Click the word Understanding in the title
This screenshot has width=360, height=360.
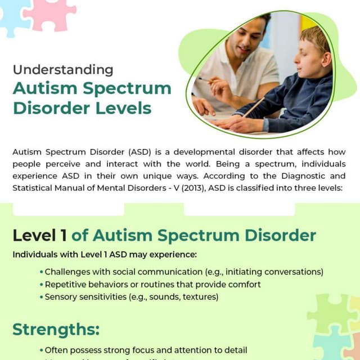(62, 70)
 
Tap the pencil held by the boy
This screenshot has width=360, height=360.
(253, 106)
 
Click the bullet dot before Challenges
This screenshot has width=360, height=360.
(41, 272)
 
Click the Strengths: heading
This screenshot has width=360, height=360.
(56, 328)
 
